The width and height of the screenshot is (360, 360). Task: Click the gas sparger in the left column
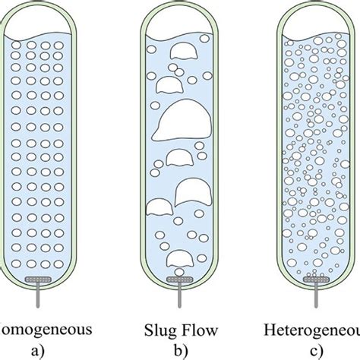click(x=47, y=280)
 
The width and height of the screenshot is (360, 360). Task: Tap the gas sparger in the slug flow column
click(x=180, y=280)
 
